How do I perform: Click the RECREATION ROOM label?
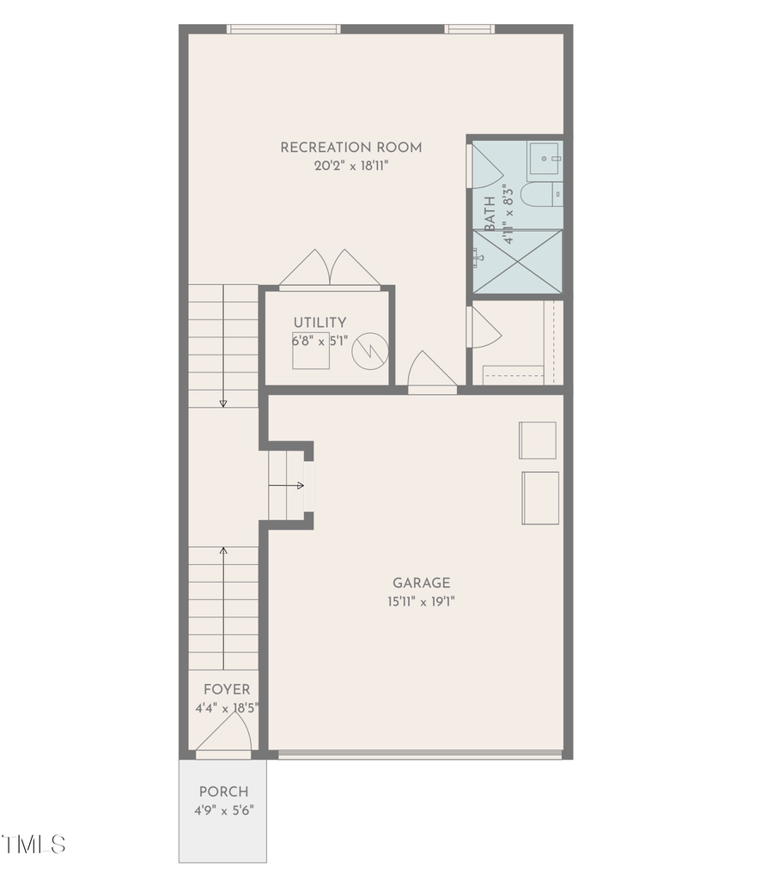point(350,148)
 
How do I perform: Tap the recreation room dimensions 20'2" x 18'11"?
point(350,167)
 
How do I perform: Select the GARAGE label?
point(421,583)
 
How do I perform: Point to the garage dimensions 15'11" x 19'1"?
point(421,602)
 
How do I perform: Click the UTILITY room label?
point(320,322)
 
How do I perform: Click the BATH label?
point(490,213)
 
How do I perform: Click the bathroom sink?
point(546,158)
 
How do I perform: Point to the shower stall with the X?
point(518,262)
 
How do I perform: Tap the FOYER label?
point(227,689)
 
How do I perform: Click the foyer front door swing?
point(225,736)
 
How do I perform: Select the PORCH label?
point(223,791)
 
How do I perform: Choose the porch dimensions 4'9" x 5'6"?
point(223,809)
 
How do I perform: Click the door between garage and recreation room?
point(431,374)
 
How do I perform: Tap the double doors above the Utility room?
point(330,268)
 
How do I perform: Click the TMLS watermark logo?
point(34,844)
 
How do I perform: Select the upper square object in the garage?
point(538,440)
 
